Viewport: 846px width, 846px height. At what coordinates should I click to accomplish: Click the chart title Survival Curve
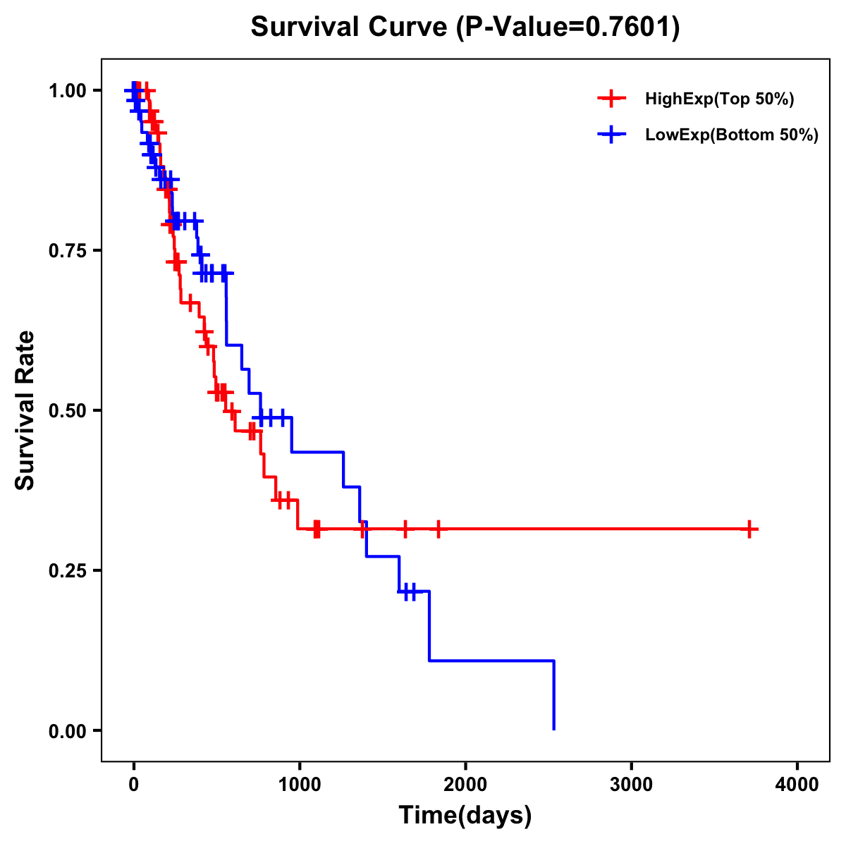[x=350, y=27]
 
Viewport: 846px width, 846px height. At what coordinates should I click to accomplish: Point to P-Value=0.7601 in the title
[x=568, y=27]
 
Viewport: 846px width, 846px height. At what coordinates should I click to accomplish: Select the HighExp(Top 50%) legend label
[x=719, y=99]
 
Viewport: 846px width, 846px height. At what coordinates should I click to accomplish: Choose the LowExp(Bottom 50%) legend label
[x=732, y=135]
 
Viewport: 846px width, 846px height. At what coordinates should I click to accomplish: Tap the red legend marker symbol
[x=611, y=99]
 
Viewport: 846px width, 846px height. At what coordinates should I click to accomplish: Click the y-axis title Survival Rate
[x=25, y=410]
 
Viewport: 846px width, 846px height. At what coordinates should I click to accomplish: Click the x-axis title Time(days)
[x=465, y=816]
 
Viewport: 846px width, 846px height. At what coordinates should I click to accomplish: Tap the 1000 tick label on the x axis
[x=299, y=784]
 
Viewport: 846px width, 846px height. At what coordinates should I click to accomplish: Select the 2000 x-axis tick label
[x=465, y=784]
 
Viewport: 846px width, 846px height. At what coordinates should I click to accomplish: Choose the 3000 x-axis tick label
[x=631, y=784]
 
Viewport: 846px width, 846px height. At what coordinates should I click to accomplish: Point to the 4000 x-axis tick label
[x=797, y=784]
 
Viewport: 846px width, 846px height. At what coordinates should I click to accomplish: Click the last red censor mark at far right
[x=749, y=529]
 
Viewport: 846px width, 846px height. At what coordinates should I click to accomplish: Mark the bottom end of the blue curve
[x=554, y=729]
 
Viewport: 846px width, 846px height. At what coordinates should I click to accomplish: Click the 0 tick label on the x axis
[x=133, y=784]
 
